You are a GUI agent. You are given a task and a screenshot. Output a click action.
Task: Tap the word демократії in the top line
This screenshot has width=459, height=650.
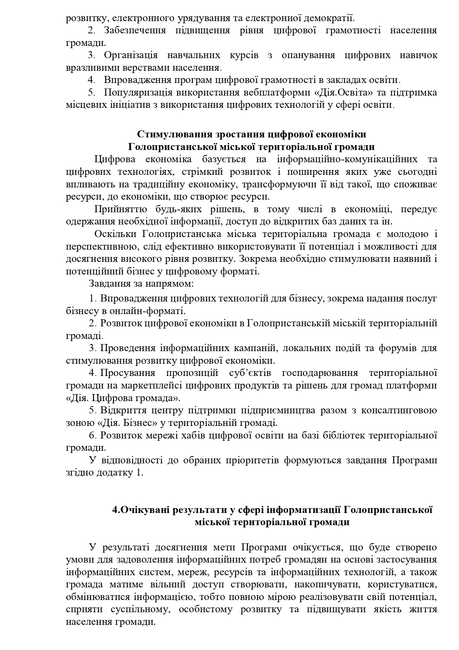324,17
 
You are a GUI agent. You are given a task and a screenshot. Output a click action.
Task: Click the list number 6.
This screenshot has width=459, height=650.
93,435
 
